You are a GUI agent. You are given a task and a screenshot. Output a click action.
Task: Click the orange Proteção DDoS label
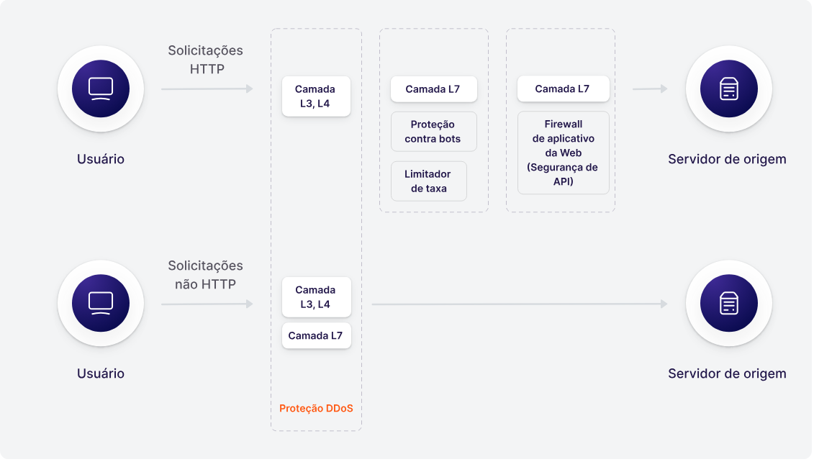click(x=316, y=409)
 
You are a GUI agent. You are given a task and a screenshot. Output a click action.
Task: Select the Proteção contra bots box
click(x=433, y=132)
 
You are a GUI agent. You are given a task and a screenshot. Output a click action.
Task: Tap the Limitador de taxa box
click(x=428, y=181)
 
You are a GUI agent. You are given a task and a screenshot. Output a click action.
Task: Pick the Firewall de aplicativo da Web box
click(x=564, y=153)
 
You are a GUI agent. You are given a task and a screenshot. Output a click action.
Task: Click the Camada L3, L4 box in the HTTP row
click(x=316, y=96)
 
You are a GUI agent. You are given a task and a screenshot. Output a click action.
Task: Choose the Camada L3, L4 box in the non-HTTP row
click(x=316, y=297)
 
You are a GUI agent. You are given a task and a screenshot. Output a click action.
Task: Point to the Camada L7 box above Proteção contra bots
click(x=433, y=89)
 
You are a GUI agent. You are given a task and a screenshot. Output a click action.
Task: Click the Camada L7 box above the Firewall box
click(x=564, y=89)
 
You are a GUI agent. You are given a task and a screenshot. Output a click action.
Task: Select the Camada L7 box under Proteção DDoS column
click(x=316, y=335)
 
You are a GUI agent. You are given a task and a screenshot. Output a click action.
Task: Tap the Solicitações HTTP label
click(x=206, y=60)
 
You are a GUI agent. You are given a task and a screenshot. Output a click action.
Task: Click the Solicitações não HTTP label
click(x=206, y=275)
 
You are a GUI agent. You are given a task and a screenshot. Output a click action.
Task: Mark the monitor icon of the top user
click(x=101, y=89)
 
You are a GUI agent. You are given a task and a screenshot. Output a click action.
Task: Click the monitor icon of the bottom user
click(x=101, y=303)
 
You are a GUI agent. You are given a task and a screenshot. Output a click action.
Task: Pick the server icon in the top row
click(x=729, y=89)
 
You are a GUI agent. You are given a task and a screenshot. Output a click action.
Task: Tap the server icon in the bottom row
click(x=729, y=303)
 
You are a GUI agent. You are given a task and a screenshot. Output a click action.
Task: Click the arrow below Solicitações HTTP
click(x=207, y=89)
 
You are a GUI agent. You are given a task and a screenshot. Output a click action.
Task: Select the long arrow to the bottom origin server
click(x=520, y=304)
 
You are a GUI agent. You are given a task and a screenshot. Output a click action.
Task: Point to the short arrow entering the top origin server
click(x=650, y=89)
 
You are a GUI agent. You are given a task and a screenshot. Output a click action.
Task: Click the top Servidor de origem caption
click(x=727, y=159)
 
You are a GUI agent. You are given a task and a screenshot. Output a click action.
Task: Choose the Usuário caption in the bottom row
click(x=101, y=373)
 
